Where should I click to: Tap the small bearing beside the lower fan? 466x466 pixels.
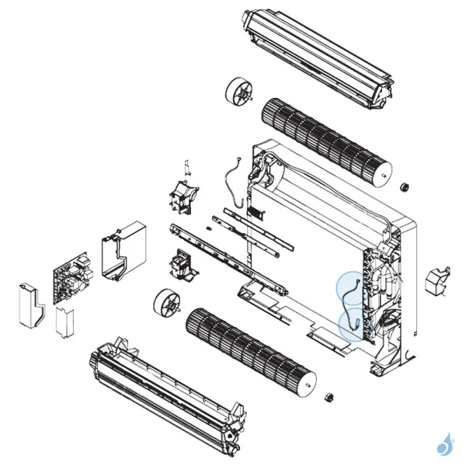point(329,398)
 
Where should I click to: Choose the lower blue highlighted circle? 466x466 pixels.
point(356,325)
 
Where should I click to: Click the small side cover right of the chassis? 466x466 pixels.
point(438,279)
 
